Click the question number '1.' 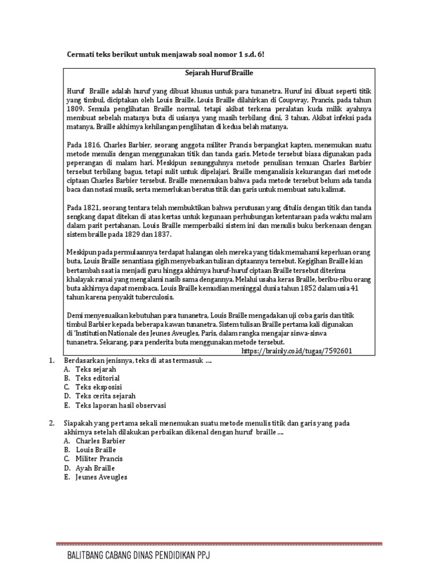tap(51, 361)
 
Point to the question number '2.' tap(51, 423)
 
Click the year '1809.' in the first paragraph tap(76, 108)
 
